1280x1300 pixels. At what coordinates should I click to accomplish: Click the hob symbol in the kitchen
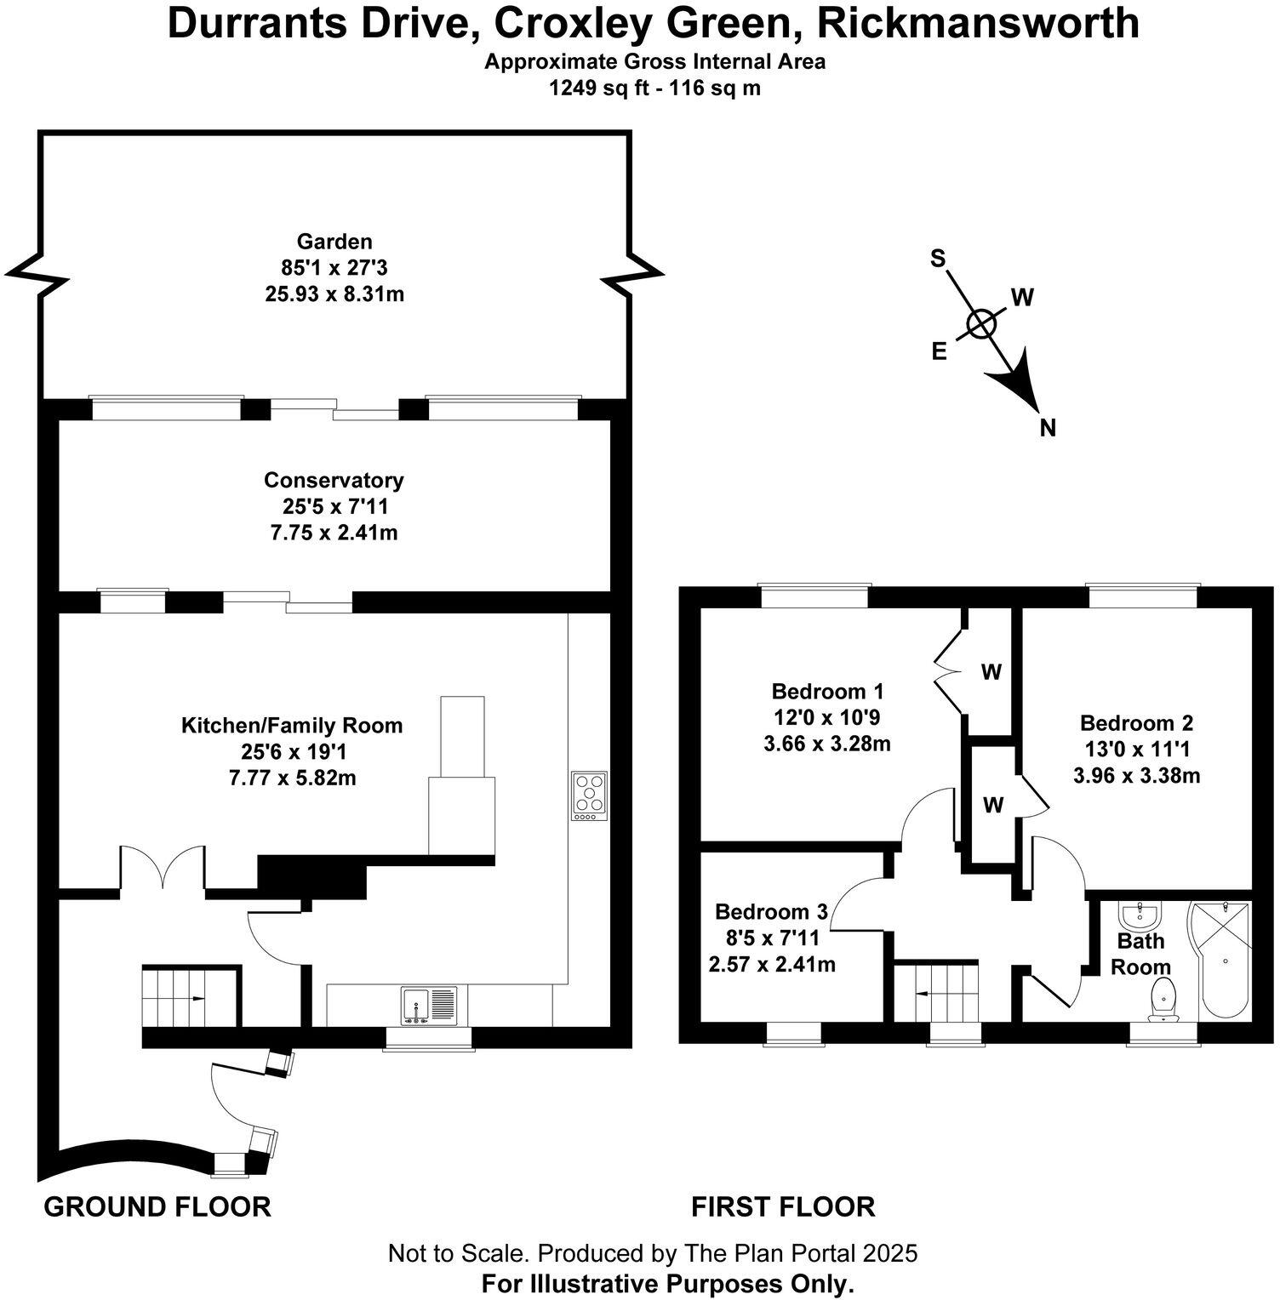tap(589, 795)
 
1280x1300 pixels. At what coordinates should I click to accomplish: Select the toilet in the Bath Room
tap(1163, 998)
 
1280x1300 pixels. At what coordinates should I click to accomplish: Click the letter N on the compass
tap(1048, 428)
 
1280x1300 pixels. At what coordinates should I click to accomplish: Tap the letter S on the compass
tap(938, 259)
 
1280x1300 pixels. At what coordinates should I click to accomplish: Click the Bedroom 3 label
tap(771, 912)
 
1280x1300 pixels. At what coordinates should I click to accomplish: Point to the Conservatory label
tap(334, 480)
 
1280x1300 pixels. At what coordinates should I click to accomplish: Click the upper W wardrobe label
tap(991, 672)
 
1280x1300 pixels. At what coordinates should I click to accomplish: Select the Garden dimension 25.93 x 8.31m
tap(334, 294)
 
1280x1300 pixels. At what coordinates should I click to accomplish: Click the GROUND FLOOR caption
tap(157, 1206)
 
